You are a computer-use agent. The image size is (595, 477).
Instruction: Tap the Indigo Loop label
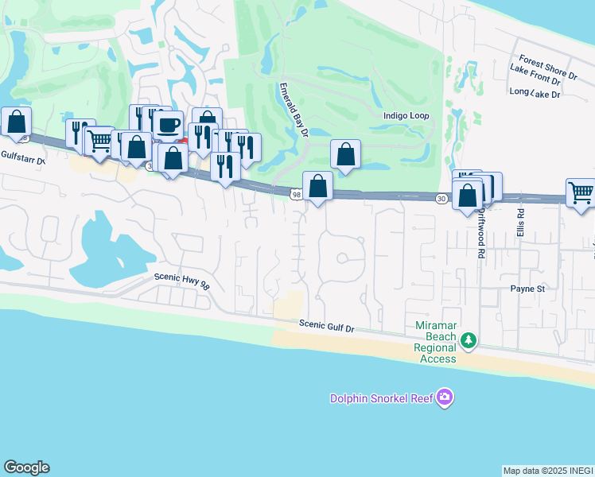(406, 116)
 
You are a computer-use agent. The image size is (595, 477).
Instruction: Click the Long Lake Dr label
(535, 94)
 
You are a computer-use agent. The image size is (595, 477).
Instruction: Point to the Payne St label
(527, 289)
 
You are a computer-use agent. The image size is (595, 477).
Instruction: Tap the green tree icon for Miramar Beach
(470, 341)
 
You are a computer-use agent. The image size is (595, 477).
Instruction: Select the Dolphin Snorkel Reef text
(382, 397)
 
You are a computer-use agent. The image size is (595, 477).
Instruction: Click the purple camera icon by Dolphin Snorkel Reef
(445, 397)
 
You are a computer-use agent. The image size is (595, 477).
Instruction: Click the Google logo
(26, 467)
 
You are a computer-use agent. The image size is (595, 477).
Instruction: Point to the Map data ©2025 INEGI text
(548, 471)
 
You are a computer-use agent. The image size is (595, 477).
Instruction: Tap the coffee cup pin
(167, 125)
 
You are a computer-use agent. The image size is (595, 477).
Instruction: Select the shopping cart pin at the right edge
(581, 192)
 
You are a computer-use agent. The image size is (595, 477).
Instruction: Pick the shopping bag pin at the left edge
(16, 122)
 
